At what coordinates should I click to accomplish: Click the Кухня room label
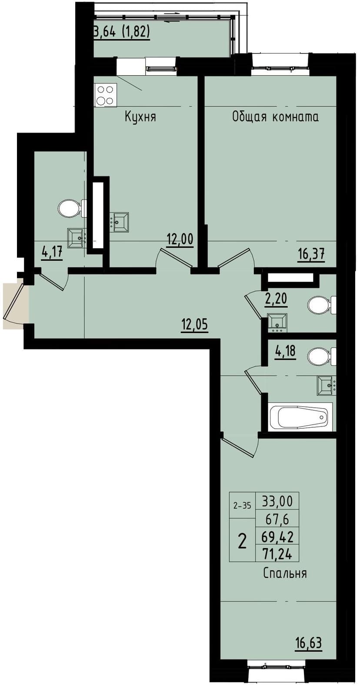point(140,117)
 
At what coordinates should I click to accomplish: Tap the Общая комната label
point(275,117)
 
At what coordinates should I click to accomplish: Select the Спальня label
point(285,573)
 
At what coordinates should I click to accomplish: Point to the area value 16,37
point(311,253)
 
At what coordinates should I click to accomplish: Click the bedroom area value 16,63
point(308,643)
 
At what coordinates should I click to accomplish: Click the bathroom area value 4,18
point(285,350)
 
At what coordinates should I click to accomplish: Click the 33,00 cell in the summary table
point(277,501)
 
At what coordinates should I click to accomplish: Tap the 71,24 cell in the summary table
point(277,554)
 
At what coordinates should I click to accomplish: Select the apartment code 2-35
point(242,506)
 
